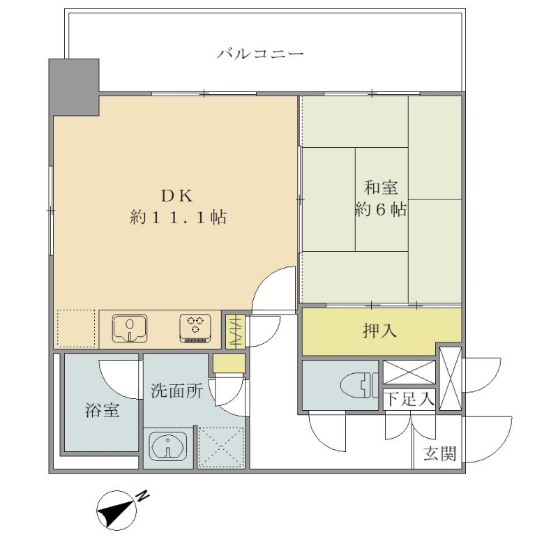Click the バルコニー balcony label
point(260,54)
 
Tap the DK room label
point(177,196)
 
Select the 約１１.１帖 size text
point(178,217)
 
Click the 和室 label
point(380,188)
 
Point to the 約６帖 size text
point(380,210)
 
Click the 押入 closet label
point(379,331)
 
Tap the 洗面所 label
point(176,391)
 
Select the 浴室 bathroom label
point(102,410)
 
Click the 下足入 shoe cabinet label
point(410,398)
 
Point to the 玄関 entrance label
point(439,454)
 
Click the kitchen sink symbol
point(130,328)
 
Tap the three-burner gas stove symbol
point(195,328)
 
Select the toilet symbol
point(359,386)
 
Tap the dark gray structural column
point(74,87)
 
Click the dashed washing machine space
point(221,447)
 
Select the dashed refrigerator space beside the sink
point(76,329)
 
